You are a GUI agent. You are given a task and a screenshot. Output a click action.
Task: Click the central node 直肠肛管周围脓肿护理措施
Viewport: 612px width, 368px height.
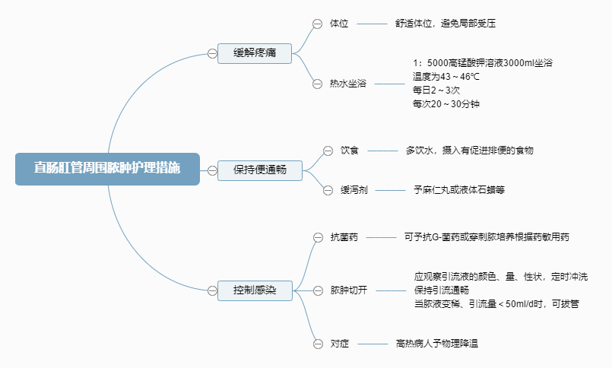coord(107,169)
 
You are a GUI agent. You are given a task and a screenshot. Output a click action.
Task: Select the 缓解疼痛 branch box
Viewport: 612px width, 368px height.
coord(255,53)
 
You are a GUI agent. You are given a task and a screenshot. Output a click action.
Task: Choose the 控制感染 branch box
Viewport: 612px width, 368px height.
coord(255,290)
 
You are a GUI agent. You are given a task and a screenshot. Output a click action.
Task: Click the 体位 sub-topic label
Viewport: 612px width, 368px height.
coord(339,24)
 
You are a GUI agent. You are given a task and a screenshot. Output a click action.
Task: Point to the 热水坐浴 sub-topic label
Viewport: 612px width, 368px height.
coord(347,83)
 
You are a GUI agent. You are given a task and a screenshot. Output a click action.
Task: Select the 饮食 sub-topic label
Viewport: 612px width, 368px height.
coord(349,150)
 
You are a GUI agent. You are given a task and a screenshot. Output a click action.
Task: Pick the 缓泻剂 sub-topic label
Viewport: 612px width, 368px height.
coord(354,189)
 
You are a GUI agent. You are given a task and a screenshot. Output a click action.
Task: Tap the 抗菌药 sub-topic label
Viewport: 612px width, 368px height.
coord(344,237)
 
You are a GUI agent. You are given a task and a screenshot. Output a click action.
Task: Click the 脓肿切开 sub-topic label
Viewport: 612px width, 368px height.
coord(348,290)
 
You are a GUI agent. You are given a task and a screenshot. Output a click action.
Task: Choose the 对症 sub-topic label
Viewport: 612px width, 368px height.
coord(339,344)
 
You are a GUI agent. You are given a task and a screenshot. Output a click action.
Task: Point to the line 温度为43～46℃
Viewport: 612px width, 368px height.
coord(446,77)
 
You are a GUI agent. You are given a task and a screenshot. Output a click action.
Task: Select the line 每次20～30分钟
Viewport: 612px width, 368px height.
coord(446,104)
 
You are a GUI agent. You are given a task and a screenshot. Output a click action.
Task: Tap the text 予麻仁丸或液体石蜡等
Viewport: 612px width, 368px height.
coord(459,189)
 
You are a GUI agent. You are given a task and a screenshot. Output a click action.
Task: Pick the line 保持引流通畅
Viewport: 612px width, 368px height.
coord(441,290)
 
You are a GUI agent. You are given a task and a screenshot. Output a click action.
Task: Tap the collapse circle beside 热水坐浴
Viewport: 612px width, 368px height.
coord(317,83)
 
